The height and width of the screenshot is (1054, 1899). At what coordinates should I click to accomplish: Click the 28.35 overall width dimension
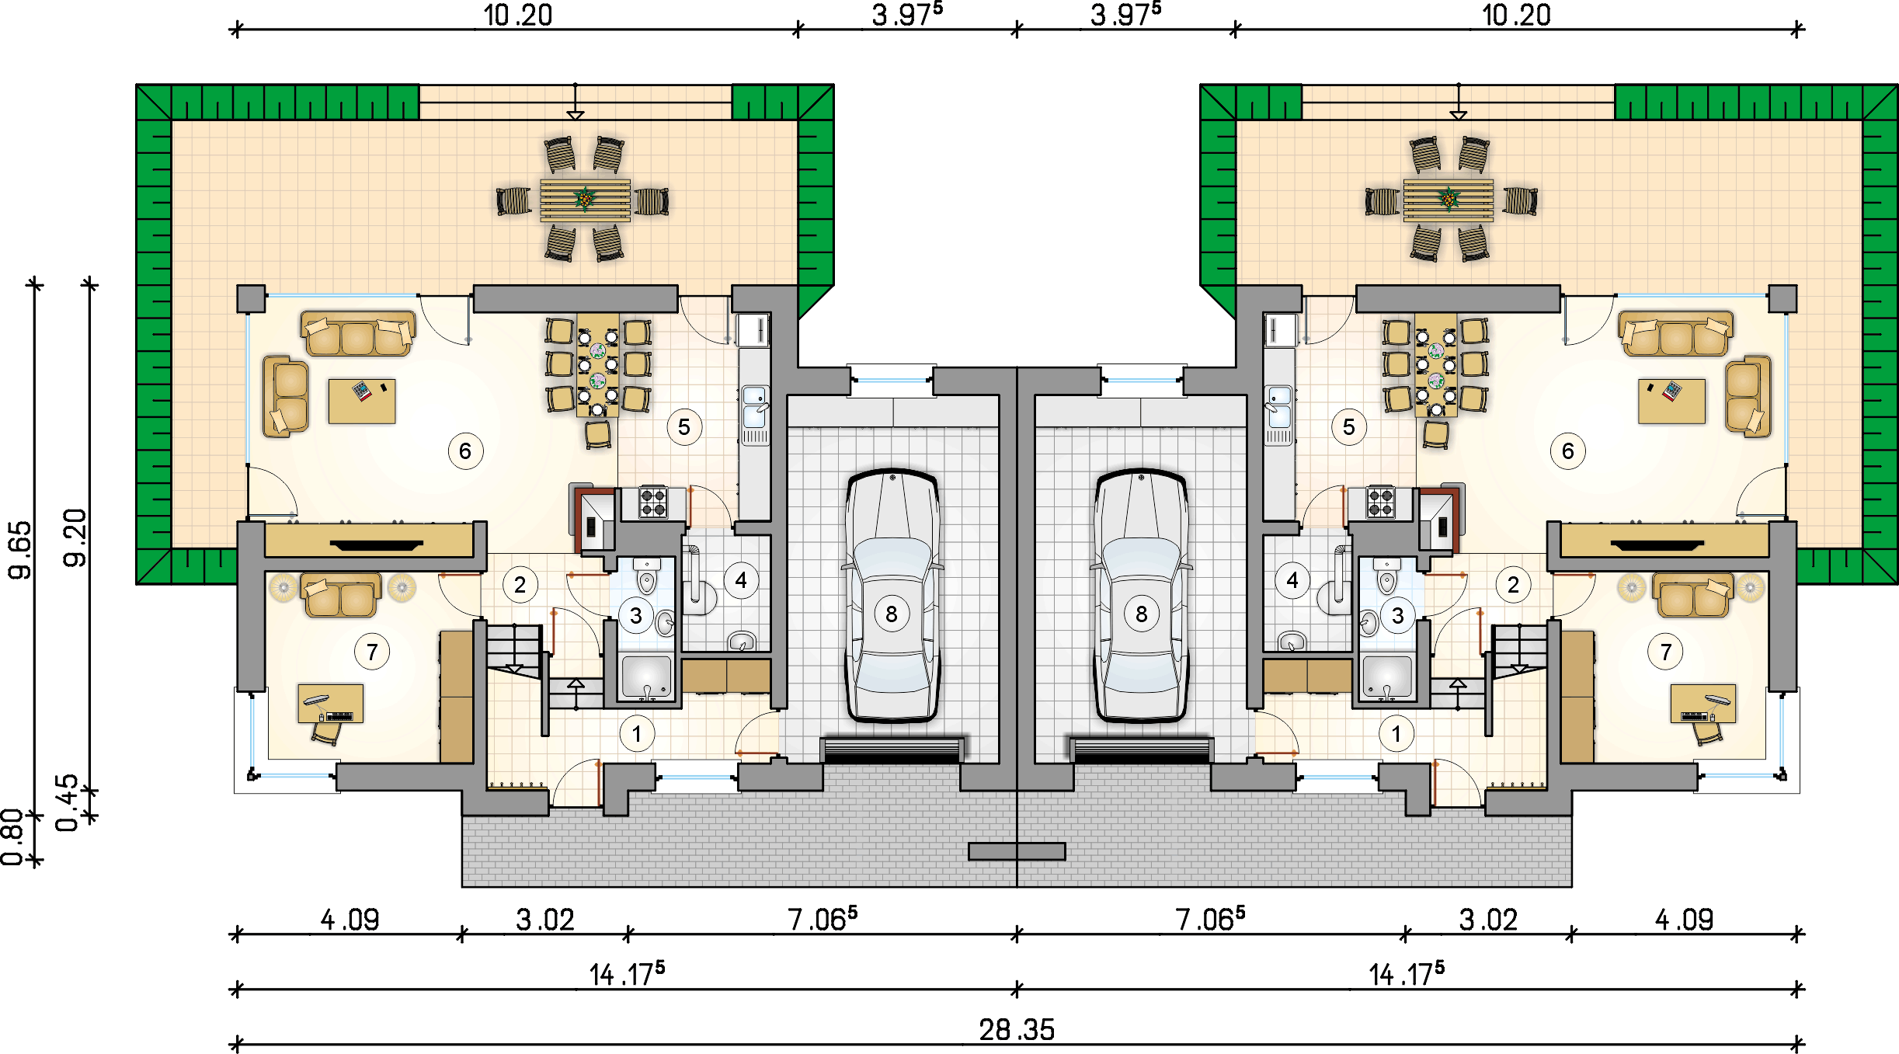coord(1017,1030)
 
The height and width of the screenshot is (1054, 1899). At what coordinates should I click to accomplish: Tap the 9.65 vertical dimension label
coord(20,550)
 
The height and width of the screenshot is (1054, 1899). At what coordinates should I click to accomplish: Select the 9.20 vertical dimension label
coord(75,537)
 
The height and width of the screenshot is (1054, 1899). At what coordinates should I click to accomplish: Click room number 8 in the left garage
coord(892,614)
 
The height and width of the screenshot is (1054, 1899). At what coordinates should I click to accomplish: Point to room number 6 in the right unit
coord(1568,451)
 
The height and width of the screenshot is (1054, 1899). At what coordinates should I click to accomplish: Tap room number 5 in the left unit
coord(684,427)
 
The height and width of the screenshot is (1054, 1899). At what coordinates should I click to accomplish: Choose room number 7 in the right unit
coord(1665,652)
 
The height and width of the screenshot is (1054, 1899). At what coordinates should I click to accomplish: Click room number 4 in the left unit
coord(741,580)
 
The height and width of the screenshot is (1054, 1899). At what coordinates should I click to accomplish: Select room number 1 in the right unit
coord(1396,734)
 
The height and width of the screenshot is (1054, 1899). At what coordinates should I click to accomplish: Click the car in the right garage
coord(1141,595)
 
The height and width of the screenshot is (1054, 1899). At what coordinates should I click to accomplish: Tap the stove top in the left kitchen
coord(653,503)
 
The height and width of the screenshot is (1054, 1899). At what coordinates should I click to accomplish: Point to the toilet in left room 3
coord(646,575)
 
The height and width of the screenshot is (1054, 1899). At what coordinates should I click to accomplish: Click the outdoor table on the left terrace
coord(586,200)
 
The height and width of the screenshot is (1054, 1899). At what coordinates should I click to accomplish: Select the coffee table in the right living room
coord(1671,401)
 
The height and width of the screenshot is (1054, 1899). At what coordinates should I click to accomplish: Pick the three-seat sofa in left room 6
coord(358,334)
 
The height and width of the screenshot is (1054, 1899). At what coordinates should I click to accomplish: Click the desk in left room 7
coord(331,704)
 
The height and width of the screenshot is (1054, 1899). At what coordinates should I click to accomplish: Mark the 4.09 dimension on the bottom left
coord(350,920)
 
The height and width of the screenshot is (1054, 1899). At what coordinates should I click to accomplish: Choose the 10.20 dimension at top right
coord(1516,16)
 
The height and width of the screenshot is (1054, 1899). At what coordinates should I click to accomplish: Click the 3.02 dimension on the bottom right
coord(1488,920)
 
